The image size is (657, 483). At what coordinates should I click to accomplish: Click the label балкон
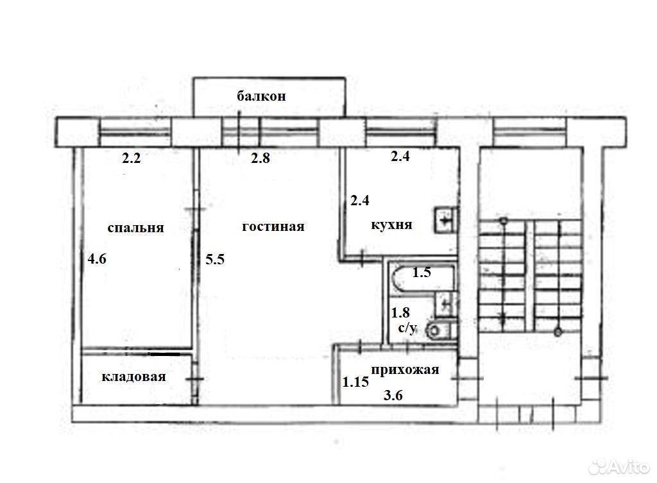262,96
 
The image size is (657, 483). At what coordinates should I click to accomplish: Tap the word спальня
135,228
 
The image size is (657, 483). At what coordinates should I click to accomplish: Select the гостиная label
273,226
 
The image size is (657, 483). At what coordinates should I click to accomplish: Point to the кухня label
392,225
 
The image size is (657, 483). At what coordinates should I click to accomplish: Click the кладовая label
133,377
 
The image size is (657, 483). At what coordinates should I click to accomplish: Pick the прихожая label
405,370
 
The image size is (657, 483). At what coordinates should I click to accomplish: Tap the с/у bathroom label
407,327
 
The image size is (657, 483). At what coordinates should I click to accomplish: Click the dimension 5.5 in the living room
215,259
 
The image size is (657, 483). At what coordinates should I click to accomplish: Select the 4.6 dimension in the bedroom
97,258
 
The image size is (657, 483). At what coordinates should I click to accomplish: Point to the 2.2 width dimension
131,158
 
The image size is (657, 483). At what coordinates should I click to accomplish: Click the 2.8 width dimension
260,158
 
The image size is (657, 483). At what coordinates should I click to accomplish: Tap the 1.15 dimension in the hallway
355,382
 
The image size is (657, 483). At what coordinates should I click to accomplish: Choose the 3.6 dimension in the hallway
393,395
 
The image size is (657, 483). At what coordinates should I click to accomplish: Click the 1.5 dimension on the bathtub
422,273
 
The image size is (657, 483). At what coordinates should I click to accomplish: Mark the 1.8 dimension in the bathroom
400,312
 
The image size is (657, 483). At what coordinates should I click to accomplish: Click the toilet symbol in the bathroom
440,330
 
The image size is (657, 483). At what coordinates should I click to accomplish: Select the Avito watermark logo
619,467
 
